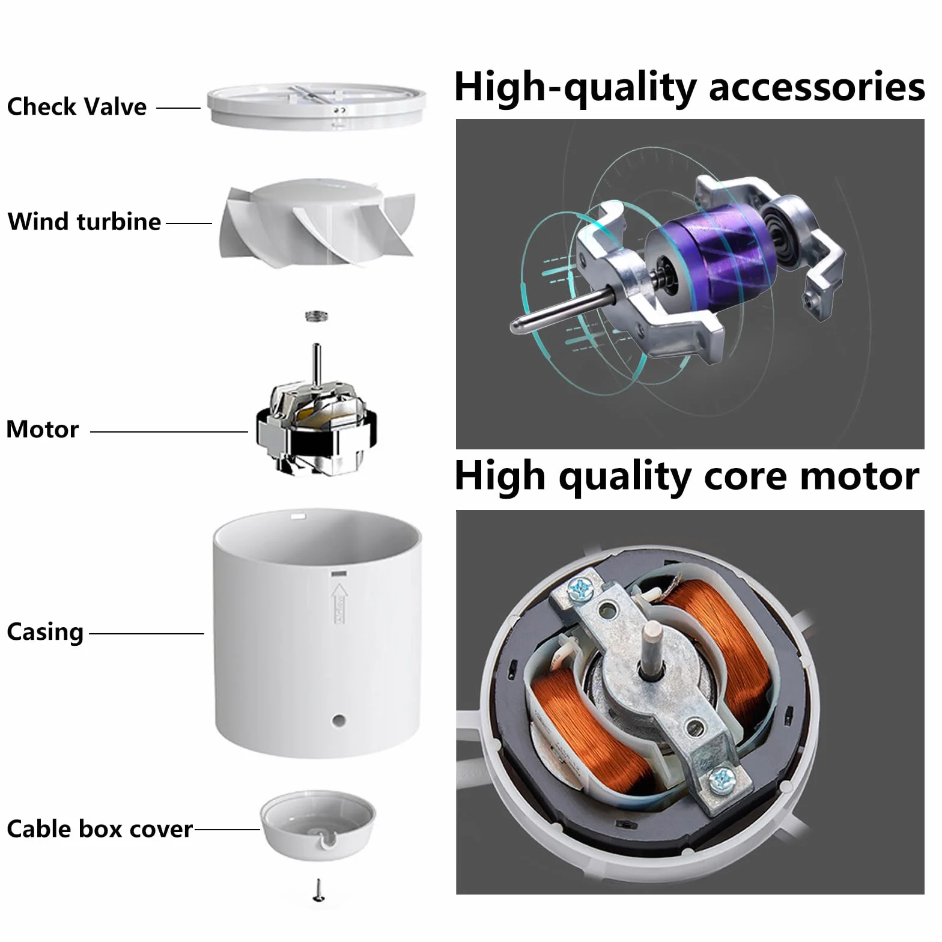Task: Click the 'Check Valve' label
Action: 77,107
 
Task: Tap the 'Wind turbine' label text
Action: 84,222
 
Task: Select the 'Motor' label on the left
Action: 43,430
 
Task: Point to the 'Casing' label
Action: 45,633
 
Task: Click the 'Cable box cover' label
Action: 100,829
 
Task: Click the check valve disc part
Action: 317,106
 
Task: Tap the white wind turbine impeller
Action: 317,222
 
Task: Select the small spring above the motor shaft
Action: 317,315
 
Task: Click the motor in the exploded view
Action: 317,421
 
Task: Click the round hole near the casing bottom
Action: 338,719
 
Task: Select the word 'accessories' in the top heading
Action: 817,87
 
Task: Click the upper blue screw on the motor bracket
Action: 581,589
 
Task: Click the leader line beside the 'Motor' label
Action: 169,431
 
